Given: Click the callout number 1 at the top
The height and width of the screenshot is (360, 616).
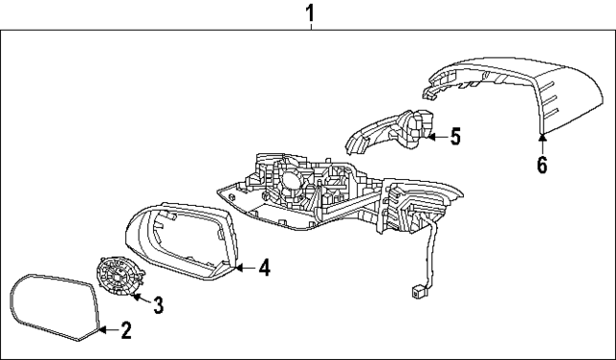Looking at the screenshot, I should (309, 13).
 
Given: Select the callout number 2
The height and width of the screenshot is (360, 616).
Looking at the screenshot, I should (125, 332).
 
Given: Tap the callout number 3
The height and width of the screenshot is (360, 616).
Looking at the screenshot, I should (159, 305).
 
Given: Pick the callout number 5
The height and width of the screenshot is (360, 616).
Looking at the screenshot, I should (455, 137).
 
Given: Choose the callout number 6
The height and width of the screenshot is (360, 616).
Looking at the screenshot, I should (542, 166).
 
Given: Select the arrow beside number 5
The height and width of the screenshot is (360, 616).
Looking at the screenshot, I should (436, 137).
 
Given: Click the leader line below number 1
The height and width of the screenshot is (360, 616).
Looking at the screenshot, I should (309, 28).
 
